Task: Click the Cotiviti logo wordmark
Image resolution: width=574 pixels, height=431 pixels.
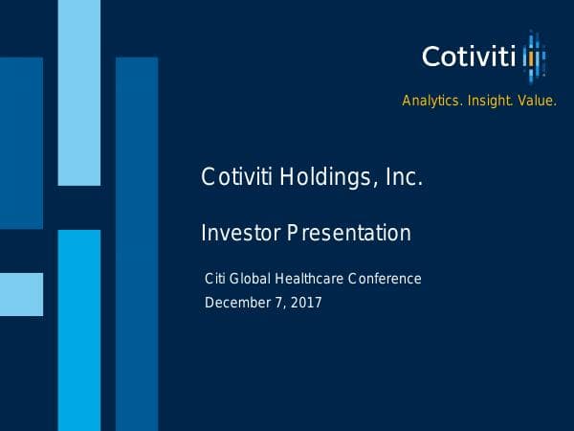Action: (469, 56)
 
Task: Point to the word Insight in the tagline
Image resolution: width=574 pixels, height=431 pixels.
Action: (488, 101)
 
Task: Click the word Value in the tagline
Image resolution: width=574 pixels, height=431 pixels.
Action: (536, 101)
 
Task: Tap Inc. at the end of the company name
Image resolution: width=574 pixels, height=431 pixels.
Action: (400, 178)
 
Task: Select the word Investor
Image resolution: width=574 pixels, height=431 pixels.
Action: (236, 233)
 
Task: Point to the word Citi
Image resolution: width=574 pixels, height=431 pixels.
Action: (216, 279)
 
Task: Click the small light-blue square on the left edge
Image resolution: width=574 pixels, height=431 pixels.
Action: (21, 294)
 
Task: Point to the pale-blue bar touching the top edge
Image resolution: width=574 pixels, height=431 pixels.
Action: (78, 92)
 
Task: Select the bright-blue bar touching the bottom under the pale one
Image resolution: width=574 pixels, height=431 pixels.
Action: (78, 330)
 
